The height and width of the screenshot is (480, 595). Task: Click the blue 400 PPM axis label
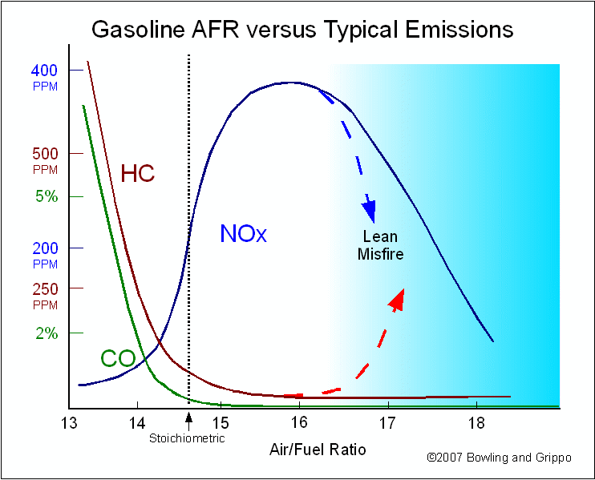[45, 78]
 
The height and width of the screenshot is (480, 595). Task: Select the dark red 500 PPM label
[45, 161]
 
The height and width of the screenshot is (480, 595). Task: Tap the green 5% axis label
[47, 196]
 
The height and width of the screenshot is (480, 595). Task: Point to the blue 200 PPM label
[45, 255]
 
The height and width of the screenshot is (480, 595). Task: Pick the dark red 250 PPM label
[45, 296]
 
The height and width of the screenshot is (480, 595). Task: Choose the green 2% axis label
[47, 333]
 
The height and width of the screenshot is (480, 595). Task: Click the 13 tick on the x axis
[69, 423]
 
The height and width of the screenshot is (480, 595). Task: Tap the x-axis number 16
[299, 422]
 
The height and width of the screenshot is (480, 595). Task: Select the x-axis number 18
[476, 423]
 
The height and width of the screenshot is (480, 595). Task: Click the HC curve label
[137, 174]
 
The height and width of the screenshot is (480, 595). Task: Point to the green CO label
[118, 358]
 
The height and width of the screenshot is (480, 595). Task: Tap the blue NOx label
[243, 233]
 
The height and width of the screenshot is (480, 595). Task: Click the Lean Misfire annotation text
[380, 245]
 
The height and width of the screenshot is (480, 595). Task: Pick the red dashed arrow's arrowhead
[397, 301]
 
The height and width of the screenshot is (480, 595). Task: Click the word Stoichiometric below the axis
[187, 438]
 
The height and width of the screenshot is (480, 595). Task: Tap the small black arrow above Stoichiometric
[188, 422]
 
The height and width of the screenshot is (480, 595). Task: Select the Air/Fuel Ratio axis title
[318, 450]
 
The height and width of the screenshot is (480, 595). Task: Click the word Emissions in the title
[459, 29]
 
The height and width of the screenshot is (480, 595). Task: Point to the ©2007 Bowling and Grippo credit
[499, 458]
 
